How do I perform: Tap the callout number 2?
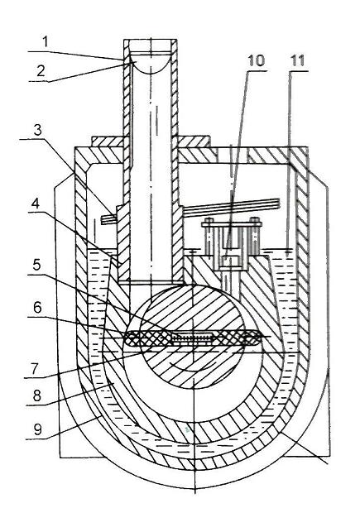coord(41,71)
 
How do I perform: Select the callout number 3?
coord(38,130)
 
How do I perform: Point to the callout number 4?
coord(36,204)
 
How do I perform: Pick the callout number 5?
coord(36,266)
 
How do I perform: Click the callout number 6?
coord(37,308)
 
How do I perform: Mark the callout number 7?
coord(35,368)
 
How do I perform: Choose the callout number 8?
coord(37,395)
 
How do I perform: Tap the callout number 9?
coord(37,429)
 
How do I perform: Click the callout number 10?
coord(256,60)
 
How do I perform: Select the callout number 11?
coord(297,60)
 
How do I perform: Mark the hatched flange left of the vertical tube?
coord(108,141)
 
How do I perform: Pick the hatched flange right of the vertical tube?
coord(194,141)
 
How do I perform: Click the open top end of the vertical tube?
coord(150,41)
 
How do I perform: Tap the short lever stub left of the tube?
coord(109,219)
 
